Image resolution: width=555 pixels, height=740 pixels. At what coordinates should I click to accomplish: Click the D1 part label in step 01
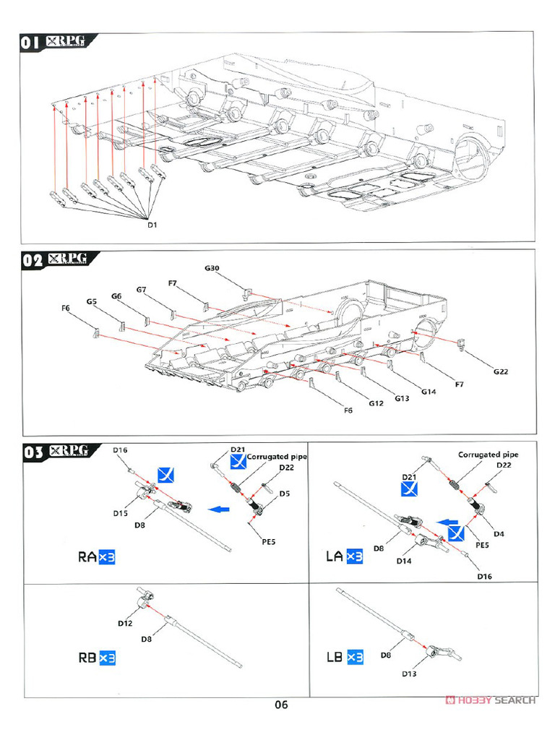tap(152, 224)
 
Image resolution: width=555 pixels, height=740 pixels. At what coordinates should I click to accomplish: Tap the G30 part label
tap(212, 268)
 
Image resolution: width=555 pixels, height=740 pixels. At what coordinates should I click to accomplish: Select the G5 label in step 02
tap(92, 301)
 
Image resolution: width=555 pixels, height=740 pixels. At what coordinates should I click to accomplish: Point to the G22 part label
tap(501, 372)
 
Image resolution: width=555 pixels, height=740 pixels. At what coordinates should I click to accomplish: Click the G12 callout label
tap(375, 403)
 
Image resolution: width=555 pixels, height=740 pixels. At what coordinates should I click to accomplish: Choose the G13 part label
tap(403, 398)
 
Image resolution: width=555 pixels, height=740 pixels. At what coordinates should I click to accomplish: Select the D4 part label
tap(499, 534)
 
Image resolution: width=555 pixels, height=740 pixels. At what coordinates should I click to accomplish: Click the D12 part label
tap(124, 623)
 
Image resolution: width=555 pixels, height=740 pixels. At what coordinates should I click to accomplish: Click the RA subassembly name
tap(87, 557)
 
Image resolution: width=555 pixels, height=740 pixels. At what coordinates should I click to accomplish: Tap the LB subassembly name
tap(335, 658)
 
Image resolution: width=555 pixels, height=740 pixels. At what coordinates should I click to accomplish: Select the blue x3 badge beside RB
tap(108, 658)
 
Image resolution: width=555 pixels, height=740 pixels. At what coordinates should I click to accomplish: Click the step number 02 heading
tap(34, 262)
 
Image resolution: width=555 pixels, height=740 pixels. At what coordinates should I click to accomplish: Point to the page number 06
tap(281, 705)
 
